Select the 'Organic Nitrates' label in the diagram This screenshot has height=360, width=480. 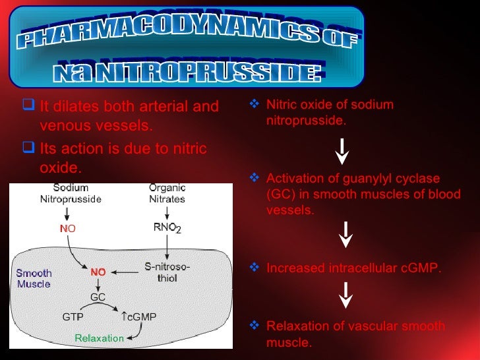click(x=167, y=193)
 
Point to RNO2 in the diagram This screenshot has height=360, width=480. click(x=165, y=228)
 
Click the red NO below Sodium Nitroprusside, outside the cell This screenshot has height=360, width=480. click(x=68, y=229)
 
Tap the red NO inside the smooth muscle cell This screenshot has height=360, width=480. click(x=98, y=271)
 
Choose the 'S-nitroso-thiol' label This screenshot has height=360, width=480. click(x=167, y=272)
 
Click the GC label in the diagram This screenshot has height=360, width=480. click(x=98, y=297)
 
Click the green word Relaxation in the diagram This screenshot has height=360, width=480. click(x=99, y=338)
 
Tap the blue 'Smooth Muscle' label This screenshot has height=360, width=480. click(x=34, y=278)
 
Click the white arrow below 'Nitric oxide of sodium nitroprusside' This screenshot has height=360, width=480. click(x=343, y=150)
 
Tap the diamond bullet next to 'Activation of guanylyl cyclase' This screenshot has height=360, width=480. click(x=257, y=179)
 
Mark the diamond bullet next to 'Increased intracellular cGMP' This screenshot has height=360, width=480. click(x=257, y=268)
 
